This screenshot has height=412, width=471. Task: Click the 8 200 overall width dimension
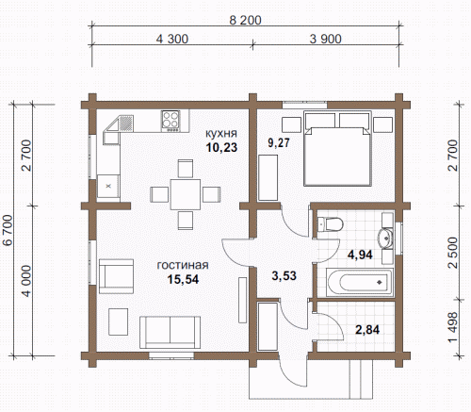click(x=245, y=20)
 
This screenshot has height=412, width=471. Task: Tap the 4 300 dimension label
click(x=172, y=39)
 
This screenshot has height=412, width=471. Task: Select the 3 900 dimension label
click(x=325, y=39)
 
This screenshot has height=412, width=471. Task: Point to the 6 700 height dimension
click(x=8, y=230)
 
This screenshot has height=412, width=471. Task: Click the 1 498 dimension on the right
click(x=453, y=327)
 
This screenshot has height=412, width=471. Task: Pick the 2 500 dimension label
click(x=453, y=253)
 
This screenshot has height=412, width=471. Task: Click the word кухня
click(x=221, y=133)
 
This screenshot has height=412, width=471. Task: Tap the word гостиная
click(x=183, y=265)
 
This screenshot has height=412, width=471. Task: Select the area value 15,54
click(x=183, y=279)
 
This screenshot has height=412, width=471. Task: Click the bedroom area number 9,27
click(x=279, y=142)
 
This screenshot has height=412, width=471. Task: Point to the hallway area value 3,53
click(x=284, y=275)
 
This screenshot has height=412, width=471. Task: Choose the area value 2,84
click(x=367, y=330)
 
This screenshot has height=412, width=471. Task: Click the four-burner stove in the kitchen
click(x=171, y=121)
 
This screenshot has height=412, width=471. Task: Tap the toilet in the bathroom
click(x=330, y=224)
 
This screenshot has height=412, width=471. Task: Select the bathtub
click(x=360, y=283)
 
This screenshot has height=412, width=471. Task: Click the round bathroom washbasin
click(x=385, y=238)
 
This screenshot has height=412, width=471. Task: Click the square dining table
click(x=186, y=194)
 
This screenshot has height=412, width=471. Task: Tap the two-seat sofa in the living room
click(x=170, y=332)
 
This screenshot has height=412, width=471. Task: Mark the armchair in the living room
click(x=116, y=276)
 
